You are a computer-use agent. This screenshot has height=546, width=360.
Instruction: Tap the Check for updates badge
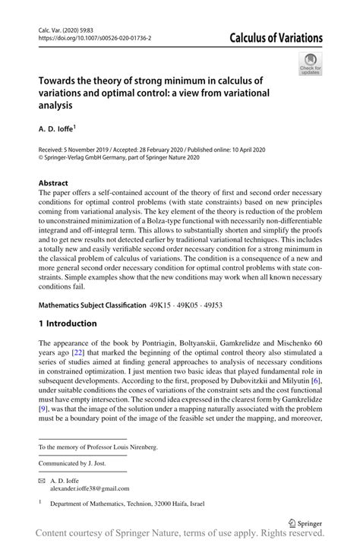pyautogui.click(x=310, y=64)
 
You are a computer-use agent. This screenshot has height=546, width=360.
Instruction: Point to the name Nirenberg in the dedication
pyautogui.click(x=140, y=448)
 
